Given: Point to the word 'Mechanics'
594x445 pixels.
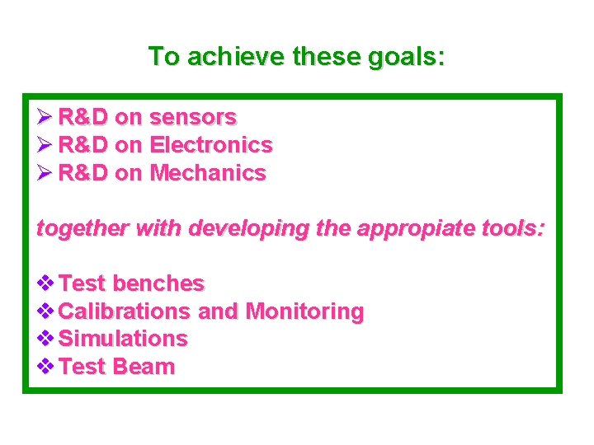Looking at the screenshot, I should [x=208, y=173].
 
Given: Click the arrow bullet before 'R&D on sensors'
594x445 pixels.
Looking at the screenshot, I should [x=45, y=117].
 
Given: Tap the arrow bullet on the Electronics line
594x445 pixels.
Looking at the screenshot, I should [x=45, y=145].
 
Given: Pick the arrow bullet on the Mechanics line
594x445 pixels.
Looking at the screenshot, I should [x=45, y=173].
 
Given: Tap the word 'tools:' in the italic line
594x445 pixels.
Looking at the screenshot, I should [x=516, y=228].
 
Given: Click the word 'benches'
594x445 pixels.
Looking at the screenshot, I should [x=158, y=283].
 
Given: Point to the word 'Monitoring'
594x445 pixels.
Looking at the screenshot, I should [x=304, y=311].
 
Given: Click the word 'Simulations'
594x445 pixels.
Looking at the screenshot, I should [x=124, y=339].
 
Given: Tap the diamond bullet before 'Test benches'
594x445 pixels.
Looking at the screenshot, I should [x=47, y=283].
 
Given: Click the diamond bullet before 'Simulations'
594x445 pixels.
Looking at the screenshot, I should [x=47, y=339].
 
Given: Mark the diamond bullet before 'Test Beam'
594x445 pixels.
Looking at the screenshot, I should [x=47, y=367].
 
